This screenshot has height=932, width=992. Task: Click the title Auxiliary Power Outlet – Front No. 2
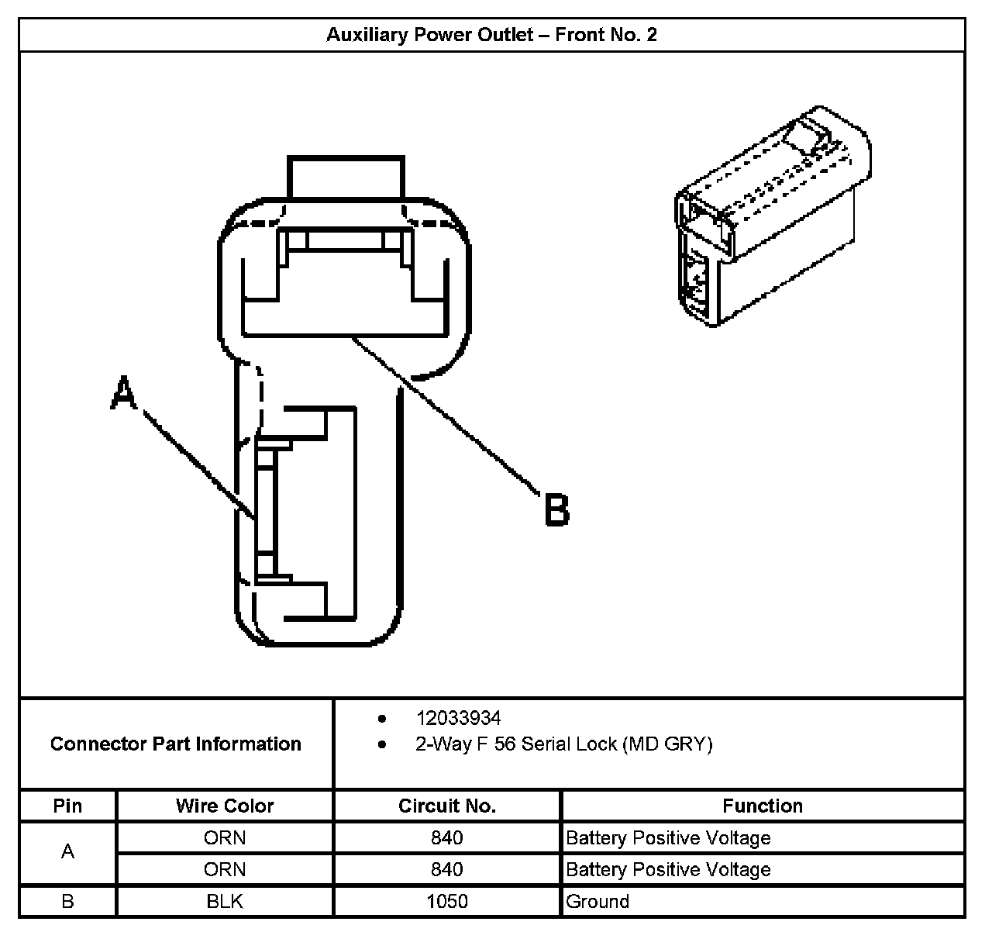(x=491, y=35)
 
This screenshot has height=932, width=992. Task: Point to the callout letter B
(x=556, y=510)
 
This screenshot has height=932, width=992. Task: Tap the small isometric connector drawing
(x=771, y=217)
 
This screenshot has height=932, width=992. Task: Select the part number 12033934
(x=458, y=718)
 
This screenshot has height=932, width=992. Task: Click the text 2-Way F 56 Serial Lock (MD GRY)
(x=563, y=744)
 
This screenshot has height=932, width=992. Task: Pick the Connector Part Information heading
(x=176, y=744)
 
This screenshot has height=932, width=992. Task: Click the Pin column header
(x=67, y=806)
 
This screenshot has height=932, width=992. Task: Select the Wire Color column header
(x=225, y=806)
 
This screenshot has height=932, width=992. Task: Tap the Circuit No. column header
(x=447, y=806)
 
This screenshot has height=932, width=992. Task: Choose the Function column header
(x=763, y=806)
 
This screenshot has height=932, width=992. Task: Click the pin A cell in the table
(x=67, y=852)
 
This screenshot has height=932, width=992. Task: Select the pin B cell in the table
(x=67, y=902)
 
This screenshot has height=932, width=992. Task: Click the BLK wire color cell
(x=225, y=902)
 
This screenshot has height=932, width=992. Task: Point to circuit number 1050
(x=447, y=902)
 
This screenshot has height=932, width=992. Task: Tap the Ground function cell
(x=598, y=902)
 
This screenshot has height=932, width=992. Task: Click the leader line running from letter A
(x=198, y=464)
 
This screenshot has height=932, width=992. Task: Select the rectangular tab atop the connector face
(x=346, y=178)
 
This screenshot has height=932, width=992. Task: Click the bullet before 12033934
(x=382, y=719)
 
